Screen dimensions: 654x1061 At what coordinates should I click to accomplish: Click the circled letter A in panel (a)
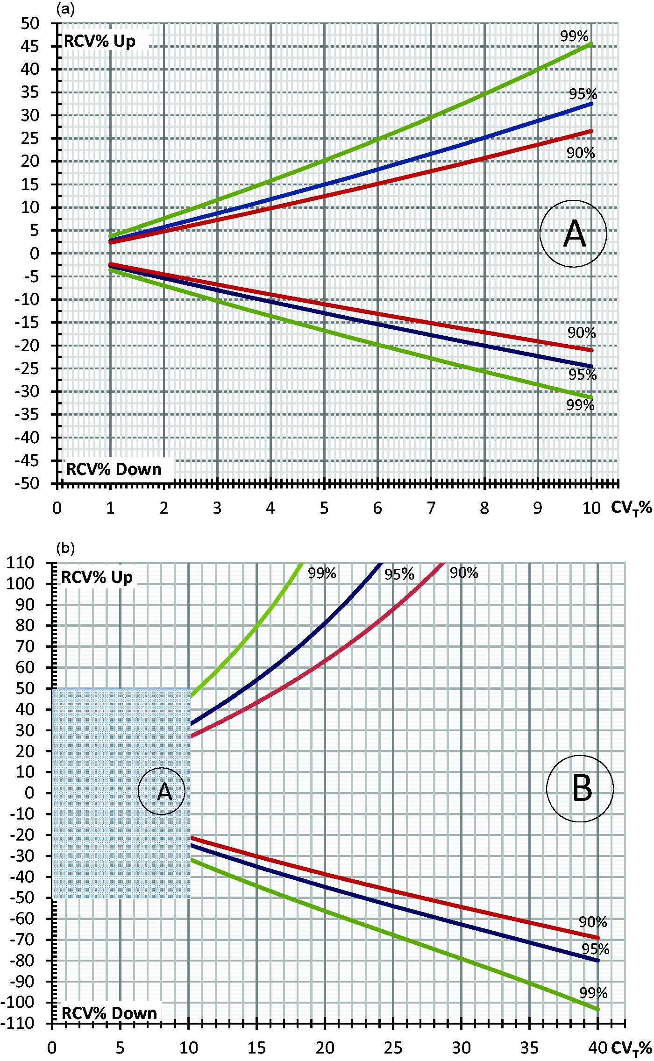point(573,233)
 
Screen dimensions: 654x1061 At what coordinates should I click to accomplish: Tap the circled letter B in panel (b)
point(580,788)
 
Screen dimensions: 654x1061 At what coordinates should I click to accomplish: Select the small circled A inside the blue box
point(162,791)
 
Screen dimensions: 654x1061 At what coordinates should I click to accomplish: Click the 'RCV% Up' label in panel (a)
point(100,41)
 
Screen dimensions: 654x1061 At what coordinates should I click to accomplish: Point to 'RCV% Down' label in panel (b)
point(109,1013)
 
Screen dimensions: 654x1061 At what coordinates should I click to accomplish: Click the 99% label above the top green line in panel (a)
point(574,36)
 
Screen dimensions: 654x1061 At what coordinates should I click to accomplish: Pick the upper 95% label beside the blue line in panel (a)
point(583,94)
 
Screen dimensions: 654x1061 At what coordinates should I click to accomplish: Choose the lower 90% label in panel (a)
point(582,333)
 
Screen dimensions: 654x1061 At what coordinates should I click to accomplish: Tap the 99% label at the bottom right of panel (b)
point(593,993)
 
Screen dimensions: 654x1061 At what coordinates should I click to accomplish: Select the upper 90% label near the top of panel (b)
point(464,573)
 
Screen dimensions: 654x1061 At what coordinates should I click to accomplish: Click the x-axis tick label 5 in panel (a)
point(324,508)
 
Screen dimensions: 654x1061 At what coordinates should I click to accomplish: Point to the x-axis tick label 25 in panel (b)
point(393,1048)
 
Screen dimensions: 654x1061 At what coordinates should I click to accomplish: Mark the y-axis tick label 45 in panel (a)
point(29,46)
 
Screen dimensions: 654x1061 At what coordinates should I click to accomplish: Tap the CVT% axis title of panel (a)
point(631,508)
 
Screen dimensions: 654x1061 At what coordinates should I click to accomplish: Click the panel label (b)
point(65,548)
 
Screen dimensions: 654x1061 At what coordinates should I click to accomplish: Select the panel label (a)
point(65,9)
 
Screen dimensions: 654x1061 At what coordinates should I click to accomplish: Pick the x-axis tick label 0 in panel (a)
point(57,508)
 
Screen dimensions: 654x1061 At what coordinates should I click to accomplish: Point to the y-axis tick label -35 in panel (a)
point(27,415)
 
